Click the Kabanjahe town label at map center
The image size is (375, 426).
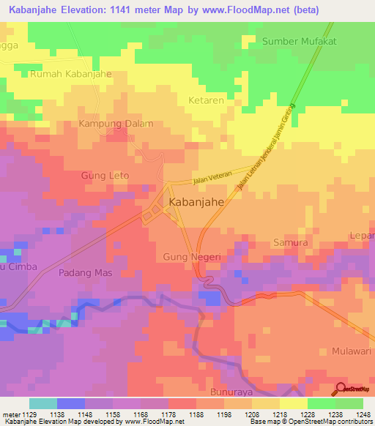coord(196,203)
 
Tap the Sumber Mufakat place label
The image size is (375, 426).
coord(299,42)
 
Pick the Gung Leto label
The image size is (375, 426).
coord(105,176)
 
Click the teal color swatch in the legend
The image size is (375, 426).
coord(43,403)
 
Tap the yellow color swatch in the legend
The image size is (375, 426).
coord(293,403)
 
